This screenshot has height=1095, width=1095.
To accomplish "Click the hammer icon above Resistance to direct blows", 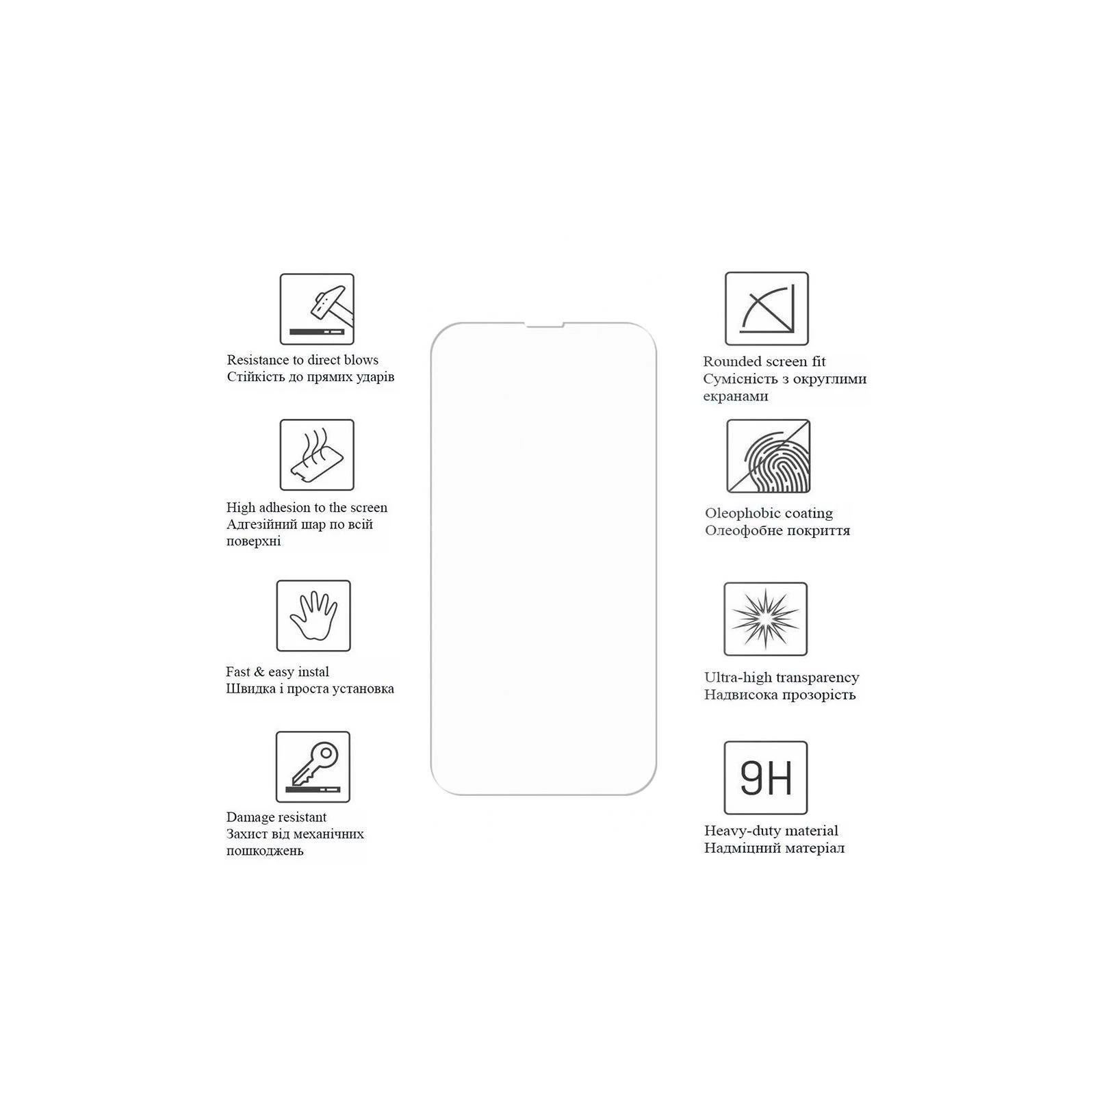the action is pos(317,309).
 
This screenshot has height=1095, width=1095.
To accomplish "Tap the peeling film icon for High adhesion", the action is pos(317,455).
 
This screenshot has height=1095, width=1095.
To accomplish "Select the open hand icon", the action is pos(313,616).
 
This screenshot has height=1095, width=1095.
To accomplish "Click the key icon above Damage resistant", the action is pos(313,767).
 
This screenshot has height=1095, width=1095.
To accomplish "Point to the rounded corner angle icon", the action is pos(766,309).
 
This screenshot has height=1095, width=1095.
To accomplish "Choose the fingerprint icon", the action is pos(768,456).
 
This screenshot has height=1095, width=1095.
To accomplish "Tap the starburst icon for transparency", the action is pos(766,619).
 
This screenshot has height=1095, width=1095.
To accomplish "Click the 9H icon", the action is pos(766,778).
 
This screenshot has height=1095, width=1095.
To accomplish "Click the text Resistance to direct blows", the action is pos(302,360).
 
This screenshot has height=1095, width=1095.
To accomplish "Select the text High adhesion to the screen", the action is pos(307,507).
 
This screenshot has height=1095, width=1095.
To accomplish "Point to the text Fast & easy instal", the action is pos(277,671).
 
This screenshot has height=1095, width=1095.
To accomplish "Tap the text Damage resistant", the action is pos(276,817).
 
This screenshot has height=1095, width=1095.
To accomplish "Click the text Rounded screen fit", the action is pos(764,361).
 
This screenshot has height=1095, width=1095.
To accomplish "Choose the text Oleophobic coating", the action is pos(769,513).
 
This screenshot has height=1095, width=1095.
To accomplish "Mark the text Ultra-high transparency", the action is pos(782,678).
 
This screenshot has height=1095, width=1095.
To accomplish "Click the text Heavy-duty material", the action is pos(771,831).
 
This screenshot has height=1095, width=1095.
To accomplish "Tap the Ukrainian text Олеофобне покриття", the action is pos(777,530).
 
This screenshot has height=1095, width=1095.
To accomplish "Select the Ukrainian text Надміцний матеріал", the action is pos(774,848).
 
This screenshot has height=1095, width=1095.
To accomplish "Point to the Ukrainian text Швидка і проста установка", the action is pos(310,688).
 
